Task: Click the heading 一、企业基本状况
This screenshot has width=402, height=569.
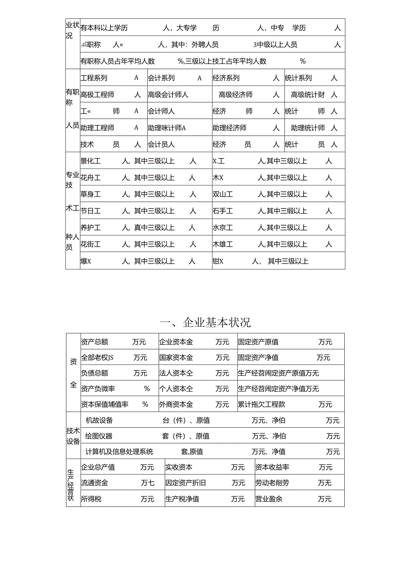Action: (205, 323)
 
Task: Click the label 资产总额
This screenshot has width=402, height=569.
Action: (94, 342)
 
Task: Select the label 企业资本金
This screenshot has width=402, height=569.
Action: (176, 342)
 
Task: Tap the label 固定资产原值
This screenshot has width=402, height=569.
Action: (258, 342)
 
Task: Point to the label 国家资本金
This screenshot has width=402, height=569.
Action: (176, 358)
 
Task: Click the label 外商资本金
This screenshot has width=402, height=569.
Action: (176, 405)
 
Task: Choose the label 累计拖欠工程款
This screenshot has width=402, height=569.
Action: (262, 405)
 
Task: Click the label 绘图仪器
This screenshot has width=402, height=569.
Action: (99, 436)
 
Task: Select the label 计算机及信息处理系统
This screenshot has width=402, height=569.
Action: (119, 452)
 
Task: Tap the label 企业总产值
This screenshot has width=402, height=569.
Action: (98, 467)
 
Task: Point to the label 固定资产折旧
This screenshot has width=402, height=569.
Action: (186, 483)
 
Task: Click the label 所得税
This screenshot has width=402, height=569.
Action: (91, 499)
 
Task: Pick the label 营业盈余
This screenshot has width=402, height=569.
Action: (269, 499)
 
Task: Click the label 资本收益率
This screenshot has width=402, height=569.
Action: (272, 467)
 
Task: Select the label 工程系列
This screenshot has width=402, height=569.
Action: (94, 78)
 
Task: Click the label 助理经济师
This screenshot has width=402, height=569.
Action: (229, 128)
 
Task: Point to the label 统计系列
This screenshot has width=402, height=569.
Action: (298, 78)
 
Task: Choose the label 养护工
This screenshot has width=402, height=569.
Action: (90, 227)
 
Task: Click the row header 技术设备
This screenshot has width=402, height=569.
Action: (73, 436)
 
